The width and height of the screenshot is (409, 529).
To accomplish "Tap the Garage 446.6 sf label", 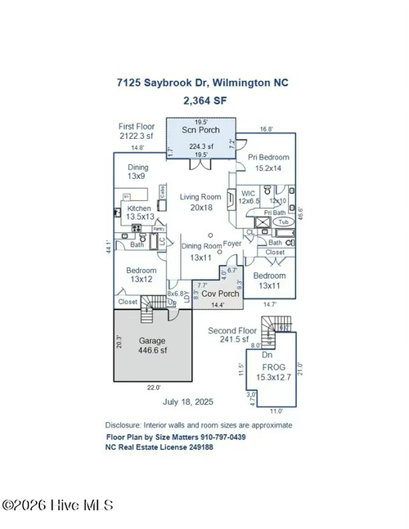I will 152,345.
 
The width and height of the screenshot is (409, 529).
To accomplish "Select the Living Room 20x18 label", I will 200,202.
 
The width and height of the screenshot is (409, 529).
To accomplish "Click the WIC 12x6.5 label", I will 249,197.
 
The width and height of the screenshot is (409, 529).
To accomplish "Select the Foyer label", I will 233,243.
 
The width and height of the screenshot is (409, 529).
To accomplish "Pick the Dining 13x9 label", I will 137,171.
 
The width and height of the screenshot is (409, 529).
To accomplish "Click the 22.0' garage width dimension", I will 153,388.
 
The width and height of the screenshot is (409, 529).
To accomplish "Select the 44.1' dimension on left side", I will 109,246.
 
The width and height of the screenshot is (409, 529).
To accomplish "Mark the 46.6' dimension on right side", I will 301,214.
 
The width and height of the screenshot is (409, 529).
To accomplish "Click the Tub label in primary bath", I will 283,222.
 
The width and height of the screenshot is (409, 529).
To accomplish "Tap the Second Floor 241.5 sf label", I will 233,334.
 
